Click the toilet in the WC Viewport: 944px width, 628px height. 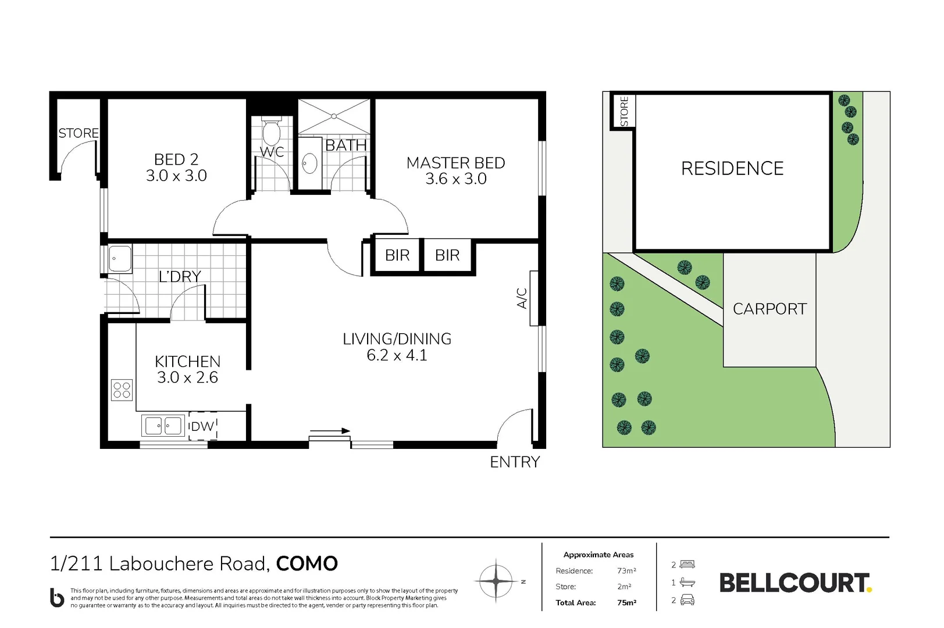click(272, 131)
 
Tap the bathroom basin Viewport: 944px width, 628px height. click(311, 164)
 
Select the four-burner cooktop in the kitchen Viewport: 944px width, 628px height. click(122, 390)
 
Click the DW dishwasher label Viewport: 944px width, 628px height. click(202, 426)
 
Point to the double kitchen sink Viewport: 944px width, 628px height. click(163, 426)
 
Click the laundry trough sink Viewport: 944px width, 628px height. click(120, 258)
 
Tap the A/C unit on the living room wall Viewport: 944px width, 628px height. click(534, 298)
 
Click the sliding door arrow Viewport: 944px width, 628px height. click(330, 431)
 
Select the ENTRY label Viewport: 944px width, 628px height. click(515, 462)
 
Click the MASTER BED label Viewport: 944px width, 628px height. click(455, 163)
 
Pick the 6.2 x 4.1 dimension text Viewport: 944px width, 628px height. click(397, 355)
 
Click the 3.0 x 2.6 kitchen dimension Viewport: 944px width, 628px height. click(187, 377)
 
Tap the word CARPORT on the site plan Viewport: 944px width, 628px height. click(770, 309)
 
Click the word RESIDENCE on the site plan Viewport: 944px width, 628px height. click(732, 169)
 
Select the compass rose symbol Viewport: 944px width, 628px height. click(496, 581)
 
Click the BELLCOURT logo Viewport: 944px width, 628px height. click(796, 583)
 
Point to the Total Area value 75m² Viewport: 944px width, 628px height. click(626, 603)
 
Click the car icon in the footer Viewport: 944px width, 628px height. click(687, 600)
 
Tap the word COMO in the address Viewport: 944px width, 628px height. click(307, 563)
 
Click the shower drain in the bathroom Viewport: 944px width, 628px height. click(334, 116)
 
